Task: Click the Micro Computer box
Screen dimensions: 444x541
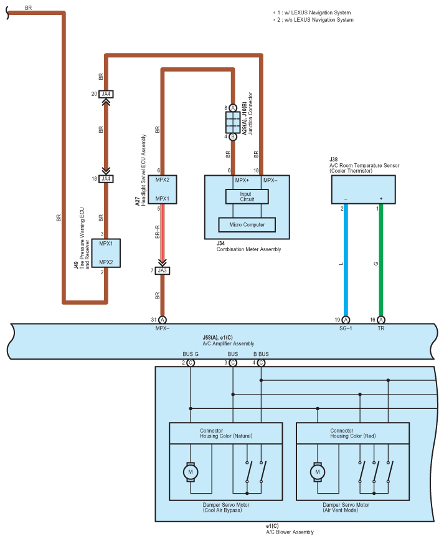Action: [247, 224]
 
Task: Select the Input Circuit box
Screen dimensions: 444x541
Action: [247, 197]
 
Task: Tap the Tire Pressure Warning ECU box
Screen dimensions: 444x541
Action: [106, 253]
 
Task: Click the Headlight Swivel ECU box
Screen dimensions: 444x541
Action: [163, 189]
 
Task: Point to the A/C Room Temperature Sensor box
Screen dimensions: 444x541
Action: [363, 189]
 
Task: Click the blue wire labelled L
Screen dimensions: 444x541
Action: [346, 260]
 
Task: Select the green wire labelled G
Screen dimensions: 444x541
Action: [381, 260]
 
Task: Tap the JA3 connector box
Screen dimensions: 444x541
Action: [163, 271]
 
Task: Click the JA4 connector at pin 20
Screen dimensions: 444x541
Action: [106, 94]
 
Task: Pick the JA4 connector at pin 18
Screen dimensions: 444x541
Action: [106, 179]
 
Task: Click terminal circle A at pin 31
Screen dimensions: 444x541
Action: [163, 320]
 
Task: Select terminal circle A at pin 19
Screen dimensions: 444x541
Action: [346, 320]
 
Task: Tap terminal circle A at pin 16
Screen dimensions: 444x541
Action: [381, 320]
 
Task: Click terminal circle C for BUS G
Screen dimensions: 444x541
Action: [191, 363]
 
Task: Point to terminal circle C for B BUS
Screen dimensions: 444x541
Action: [261, 363]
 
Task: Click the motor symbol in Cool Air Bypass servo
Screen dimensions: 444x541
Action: [191, 472]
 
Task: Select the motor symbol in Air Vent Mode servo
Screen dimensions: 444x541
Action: [318, 472]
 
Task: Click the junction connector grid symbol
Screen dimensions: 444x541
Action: [233, 123]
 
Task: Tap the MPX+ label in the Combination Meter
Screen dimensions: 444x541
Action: [242, 180]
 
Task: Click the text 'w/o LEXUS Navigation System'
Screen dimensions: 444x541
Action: [319, 20]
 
